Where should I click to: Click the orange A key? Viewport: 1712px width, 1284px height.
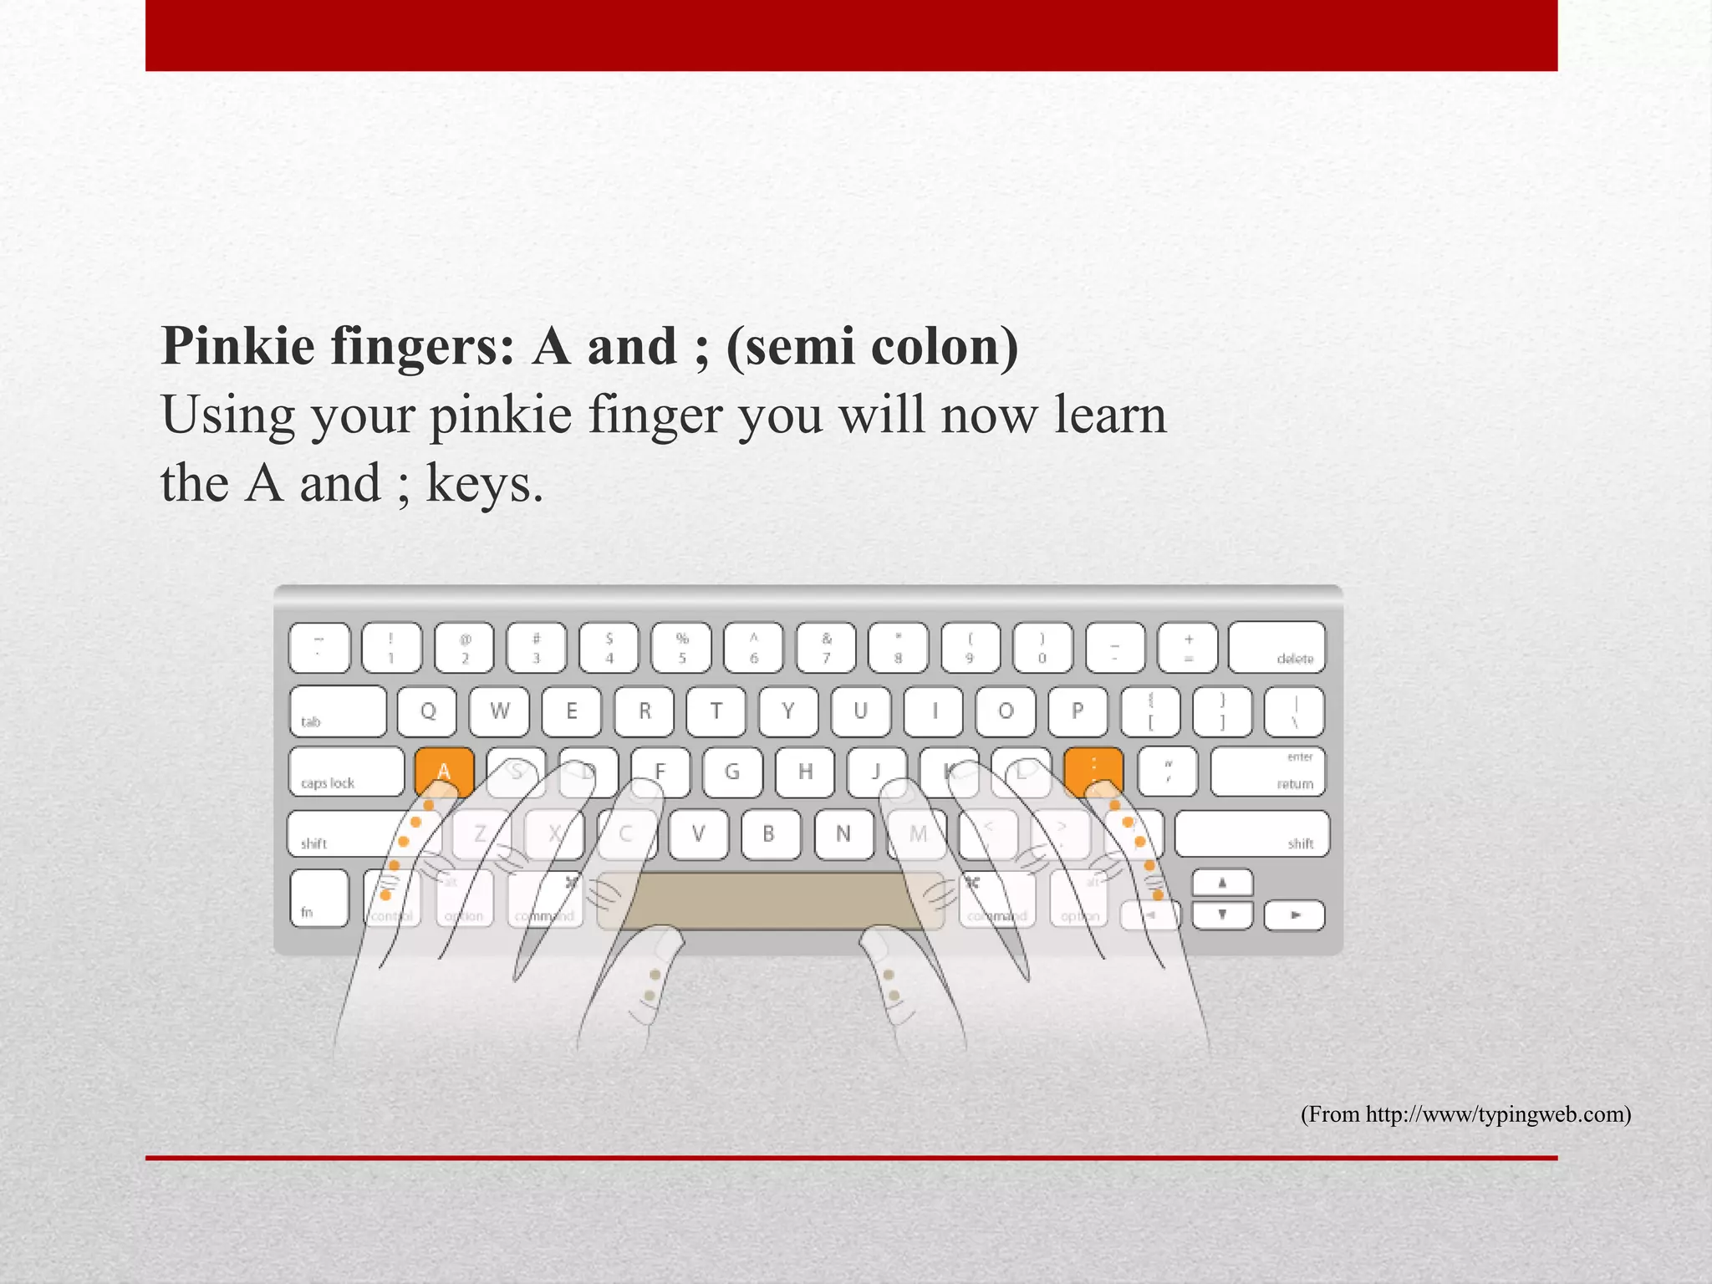[444, 770]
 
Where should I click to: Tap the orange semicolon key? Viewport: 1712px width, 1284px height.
[1093, 770]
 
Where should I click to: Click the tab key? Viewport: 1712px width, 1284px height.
[338, 711]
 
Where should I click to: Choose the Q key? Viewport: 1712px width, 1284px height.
[427, 711]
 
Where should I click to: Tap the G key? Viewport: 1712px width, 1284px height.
[732, 771]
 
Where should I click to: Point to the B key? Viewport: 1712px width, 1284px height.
[769, 833]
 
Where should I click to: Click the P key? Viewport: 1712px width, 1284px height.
[1078, 711]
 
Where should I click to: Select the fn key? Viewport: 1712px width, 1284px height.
[318, 898]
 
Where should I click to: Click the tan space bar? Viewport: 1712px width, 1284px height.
[769, 901]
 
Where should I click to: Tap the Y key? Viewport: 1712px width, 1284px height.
[787, 711]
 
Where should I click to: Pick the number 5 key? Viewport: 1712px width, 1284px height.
[681, 648]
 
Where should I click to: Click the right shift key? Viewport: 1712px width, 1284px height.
[1251, 833]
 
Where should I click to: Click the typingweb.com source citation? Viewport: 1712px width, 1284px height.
[1465, 1114]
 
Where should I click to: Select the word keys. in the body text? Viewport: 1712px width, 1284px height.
[485, 485]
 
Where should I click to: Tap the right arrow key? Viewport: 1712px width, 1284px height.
[1294, 915]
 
